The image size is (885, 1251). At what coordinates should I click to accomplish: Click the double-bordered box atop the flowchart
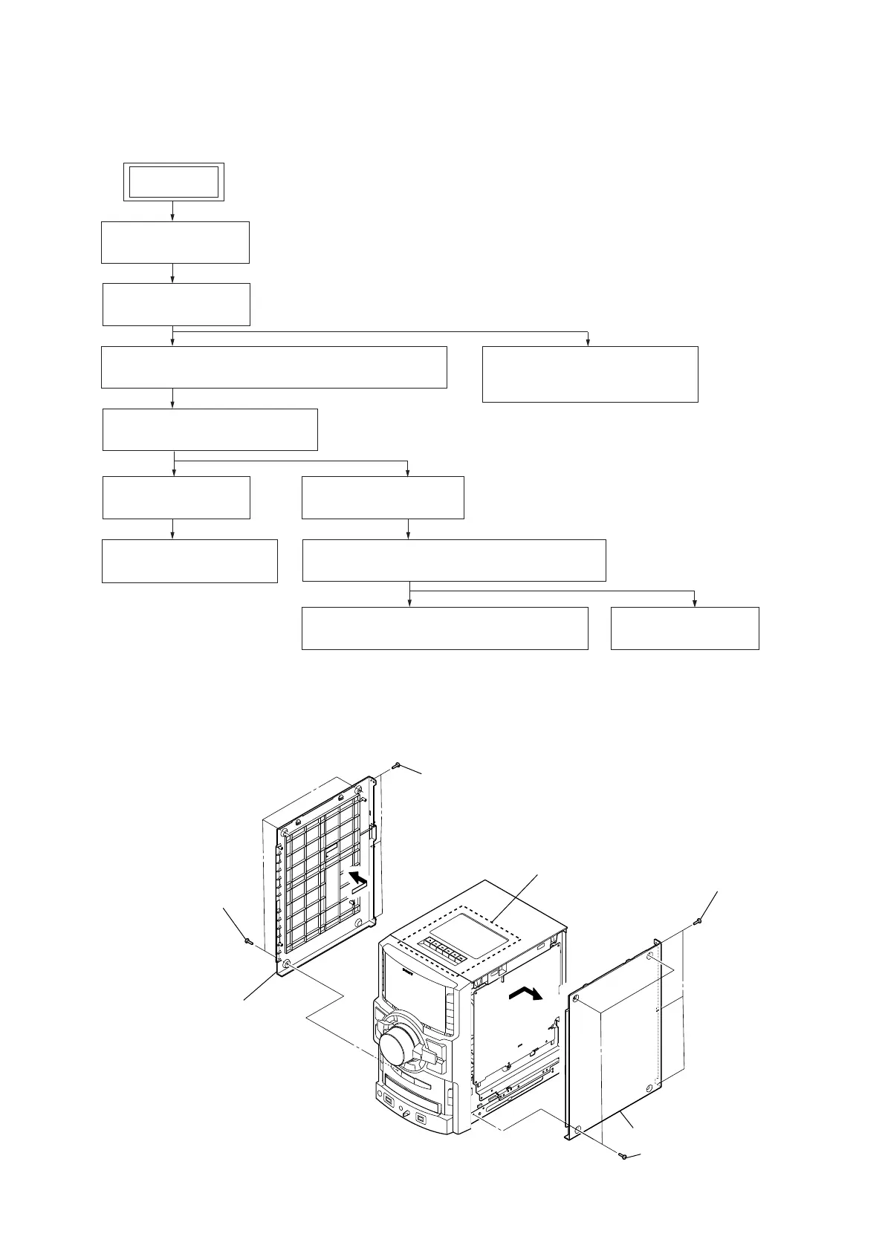[x=173, y=181]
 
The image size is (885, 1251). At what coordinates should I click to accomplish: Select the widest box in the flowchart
[x=273, y=366]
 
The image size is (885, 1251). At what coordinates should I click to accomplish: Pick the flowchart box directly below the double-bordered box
[x=175, y=241]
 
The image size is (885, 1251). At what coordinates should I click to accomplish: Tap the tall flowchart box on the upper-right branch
[x=590, y=374]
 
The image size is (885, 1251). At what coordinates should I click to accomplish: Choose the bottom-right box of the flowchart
[x=684, y=628]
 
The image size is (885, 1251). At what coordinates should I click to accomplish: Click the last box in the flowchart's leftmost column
[x=189, y=561]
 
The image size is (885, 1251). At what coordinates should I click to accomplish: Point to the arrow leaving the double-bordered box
[x=173, y=210]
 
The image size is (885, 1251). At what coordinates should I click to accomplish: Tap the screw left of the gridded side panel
[x=248, y=940]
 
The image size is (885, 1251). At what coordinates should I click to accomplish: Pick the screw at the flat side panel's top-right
[x=698, y=922]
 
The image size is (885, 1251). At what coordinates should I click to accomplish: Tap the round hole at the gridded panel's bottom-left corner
[x=287, y=964]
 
